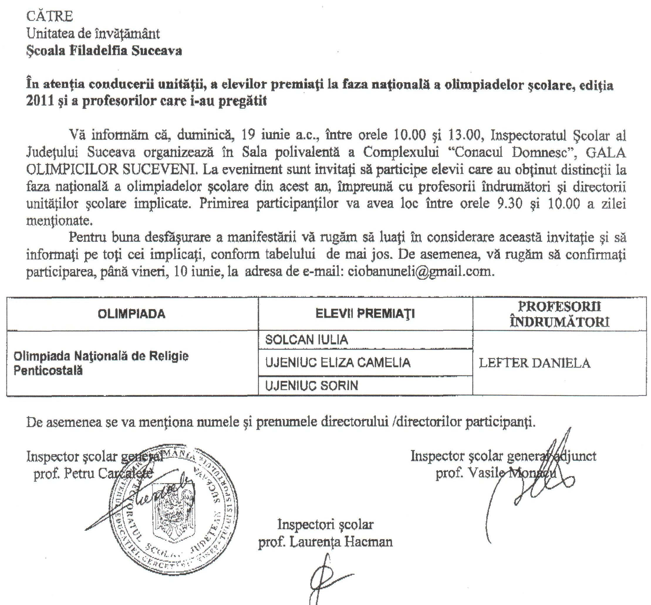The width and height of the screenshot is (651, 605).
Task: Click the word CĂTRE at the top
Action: pos(49,16)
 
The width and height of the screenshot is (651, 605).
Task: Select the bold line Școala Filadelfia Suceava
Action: pos(104,51)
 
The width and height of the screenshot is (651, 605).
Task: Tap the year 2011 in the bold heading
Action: pos(40,101)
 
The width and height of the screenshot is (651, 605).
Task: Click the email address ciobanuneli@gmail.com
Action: pos(420,272)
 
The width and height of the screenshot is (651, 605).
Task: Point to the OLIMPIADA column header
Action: pos(131,314)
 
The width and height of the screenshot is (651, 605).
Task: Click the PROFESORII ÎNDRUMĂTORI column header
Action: pos(559,314)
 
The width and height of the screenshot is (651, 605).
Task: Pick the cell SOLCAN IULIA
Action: pos(307,340)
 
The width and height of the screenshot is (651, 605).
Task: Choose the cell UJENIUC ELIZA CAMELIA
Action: pos(338,363)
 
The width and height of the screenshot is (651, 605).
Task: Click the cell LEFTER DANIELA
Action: pos(535,363)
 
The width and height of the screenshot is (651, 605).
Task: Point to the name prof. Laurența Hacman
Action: pos(325,542)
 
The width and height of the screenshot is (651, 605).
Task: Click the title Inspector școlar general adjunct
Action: pos(503,456)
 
